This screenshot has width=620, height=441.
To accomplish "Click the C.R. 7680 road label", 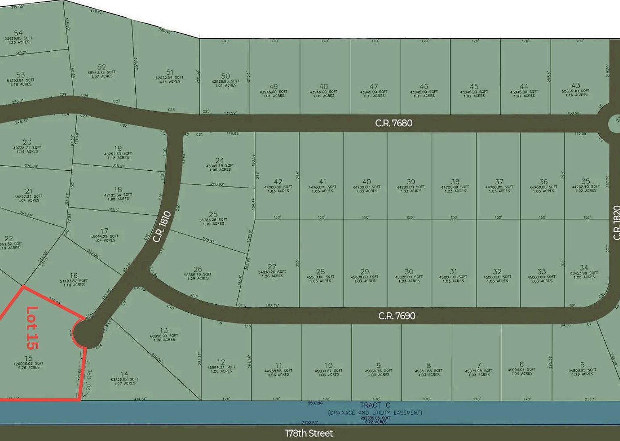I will (394, 123).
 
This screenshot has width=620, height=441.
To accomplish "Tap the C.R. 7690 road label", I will (397, 316).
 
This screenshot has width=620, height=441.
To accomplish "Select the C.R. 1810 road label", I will (162, 227).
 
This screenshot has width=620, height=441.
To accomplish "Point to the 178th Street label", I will (309, 433).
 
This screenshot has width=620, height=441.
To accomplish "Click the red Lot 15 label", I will (32, 328).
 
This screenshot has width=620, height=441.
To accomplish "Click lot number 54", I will (18, 33).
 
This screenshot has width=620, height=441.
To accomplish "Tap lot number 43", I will (576, 86).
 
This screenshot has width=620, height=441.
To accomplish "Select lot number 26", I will (198, 269).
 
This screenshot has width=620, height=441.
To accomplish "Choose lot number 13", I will (164, 330).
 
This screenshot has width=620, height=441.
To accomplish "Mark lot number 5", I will (582, 365).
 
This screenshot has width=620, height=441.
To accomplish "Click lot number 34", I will (584, 268).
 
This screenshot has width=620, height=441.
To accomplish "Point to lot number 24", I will (220, 160).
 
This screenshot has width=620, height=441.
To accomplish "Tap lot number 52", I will (101, 67).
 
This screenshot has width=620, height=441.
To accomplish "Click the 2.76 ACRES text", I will (29, 368).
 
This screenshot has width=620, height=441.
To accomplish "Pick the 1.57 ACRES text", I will (102, 76).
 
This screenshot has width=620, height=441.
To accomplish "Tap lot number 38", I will (455, 182).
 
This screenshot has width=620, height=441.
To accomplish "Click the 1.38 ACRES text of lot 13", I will (164, 340).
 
